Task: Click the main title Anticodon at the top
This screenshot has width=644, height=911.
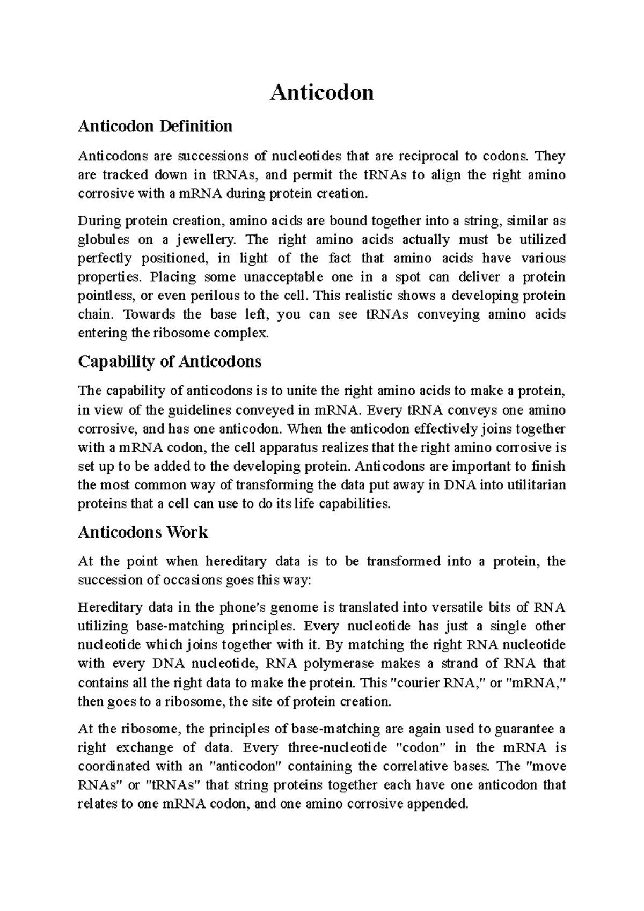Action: click(x=321, y=93)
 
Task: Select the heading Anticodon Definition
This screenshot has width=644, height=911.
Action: click(x=155, y=127)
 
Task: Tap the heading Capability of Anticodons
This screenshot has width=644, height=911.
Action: click(x=170, y=362)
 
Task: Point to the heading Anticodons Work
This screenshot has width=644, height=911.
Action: click(x=143, y=532)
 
